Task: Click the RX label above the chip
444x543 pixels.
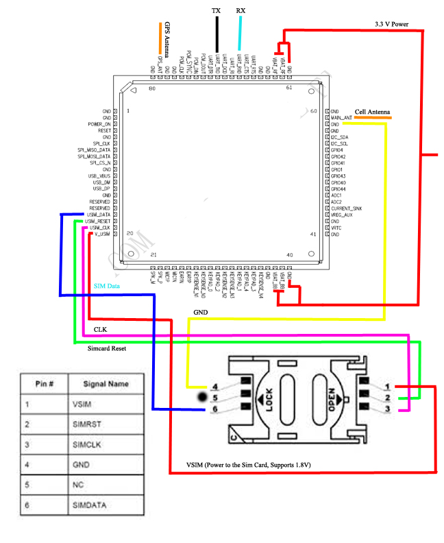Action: (x=241, y=12)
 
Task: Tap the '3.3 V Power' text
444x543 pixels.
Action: (x=392, y=24)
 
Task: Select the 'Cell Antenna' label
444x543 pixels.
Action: (x=373, y=111)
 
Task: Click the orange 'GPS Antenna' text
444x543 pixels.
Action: (x=166, y=38)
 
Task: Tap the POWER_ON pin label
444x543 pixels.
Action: (x=99, y=124)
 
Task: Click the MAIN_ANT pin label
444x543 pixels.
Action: (x=341, y=117)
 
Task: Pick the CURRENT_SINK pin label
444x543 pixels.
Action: (x=346, y=208)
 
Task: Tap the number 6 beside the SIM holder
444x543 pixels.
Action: (x=214, y=409)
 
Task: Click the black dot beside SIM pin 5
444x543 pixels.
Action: (x=203, y=397)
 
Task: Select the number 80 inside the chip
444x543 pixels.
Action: (x=152, y=88)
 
